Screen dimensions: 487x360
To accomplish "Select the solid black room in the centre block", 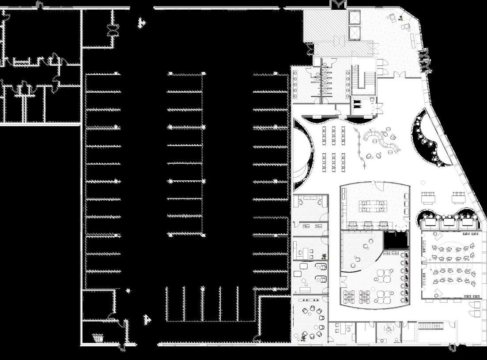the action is pyautogui.click(x=396, y=241).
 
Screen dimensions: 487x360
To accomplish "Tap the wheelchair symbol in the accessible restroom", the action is pyautogui.click(x=389, y=329).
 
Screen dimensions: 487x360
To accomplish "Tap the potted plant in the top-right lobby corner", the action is pyautogui.click(x=400, y=18).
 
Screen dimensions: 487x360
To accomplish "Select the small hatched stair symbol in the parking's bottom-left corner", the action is pyautogui.click(x=98, y=338).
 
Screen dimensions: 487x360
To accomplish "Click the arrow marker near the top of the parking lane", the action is pyautogui.click(x=141, y=22).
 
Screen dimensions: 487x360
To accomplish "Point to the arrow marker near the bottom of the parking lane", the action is pyautogui.click(x=148, y=319).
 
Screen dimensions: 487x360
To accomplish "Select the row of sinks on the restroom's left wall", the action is pyautogui.click(x=294, y=84).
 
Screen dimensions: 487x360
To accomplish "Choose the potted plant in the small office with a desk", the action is pyautogui.click(x=325, y=255).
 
